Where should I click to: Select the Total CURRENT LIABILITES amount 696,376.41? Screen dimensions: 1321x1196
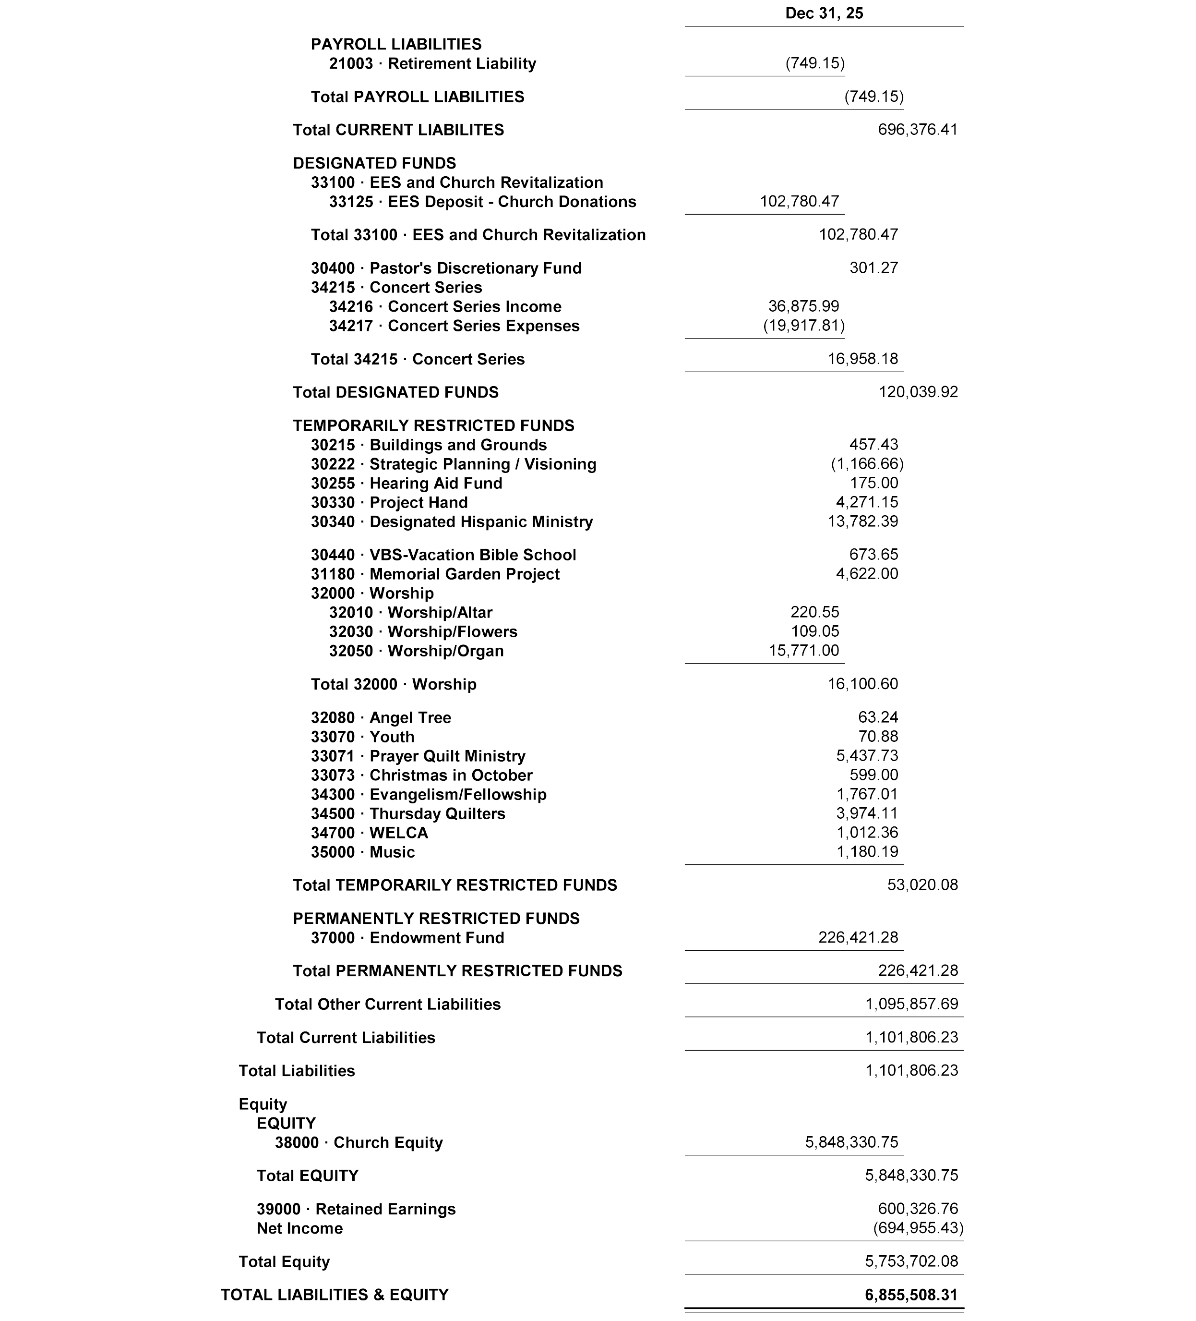[917, 130]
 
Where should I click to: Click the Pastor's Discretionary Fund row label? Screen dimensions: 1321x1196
[445, 268]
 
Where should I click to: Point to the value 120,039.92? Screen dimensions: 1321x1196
[918, 392]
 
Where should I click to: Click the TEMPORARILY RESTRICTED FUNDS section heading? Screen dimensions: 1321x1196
[433, 425]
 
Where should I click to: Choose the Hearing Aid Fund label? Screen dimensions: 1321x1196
[406, 483]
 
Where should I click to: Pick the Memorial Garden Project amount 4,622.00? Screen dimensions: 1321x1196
[867, 573]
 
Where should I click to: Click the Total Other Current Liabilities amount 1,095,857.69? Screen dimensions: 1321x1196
[911, 1004]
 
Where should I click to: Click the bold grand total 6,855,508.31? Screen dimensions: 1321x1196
[911, 1295]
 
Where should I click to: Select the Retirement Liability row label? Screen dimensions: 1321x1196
[432, 63]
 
